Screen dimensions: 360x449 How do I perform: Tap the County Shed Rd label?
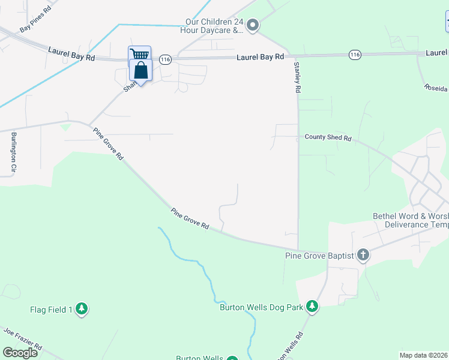point(328,137)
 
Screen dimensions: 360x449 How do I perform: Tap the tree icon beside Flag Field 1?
point(82,310)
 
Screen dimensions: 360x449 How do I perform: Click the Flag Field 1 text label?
point(51,310)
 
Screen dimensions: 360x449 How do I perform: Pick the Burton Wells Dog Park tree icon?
point(312,307)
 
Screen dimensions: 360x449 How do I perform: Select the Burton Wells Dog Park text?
point(261,308)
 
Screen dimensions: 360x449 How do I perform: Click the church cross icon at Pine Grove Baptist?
point(363,256)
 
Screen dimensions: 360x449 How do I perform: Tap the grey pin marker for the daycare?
point(253,25)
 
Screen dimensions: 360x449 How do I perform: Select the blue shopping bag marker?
point(140,71)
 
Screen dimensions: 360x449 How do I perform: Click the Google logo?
point(20,353)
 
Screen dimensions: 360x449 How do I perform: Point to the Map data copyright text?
point(423,355)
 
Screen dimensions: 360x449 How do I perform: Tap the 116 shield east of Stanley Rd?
point(355,55)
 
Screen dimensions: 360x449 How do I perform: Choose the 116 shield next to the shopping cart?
point(166,59)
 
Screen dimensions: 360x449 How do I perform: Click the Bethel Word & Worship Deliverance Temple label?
point(411,220)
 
